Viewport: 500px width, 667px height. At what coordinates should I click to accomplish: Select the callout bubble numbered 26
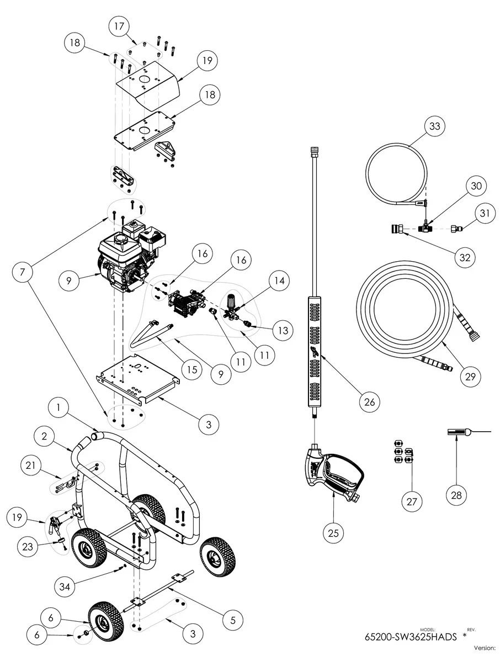coord(369,403)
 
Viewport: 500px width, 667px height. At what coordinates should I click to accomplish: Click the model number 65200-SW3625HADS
coord(411,636)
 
